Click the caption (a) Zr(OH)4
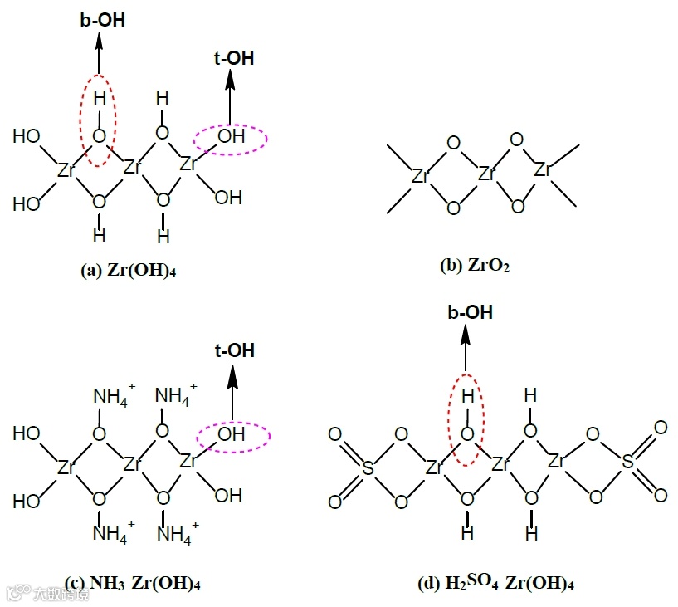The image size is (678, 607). click(132, 271)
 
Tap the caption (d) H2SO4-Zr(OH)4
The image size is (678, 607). click(496, 583)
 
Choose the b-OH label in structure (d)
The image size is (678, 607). click(470, 313)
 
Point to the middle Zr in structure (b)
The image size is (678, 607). click(486, 175)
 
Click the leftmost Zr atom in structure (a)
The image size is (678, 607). click(67, 169)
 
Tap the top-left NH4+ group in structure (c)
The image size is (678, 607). click(110, 394)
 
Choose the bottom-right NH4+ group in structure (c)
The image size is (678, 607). click(176, 532)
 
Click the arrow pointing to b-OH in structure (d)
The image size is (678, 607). click(467, 349)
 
